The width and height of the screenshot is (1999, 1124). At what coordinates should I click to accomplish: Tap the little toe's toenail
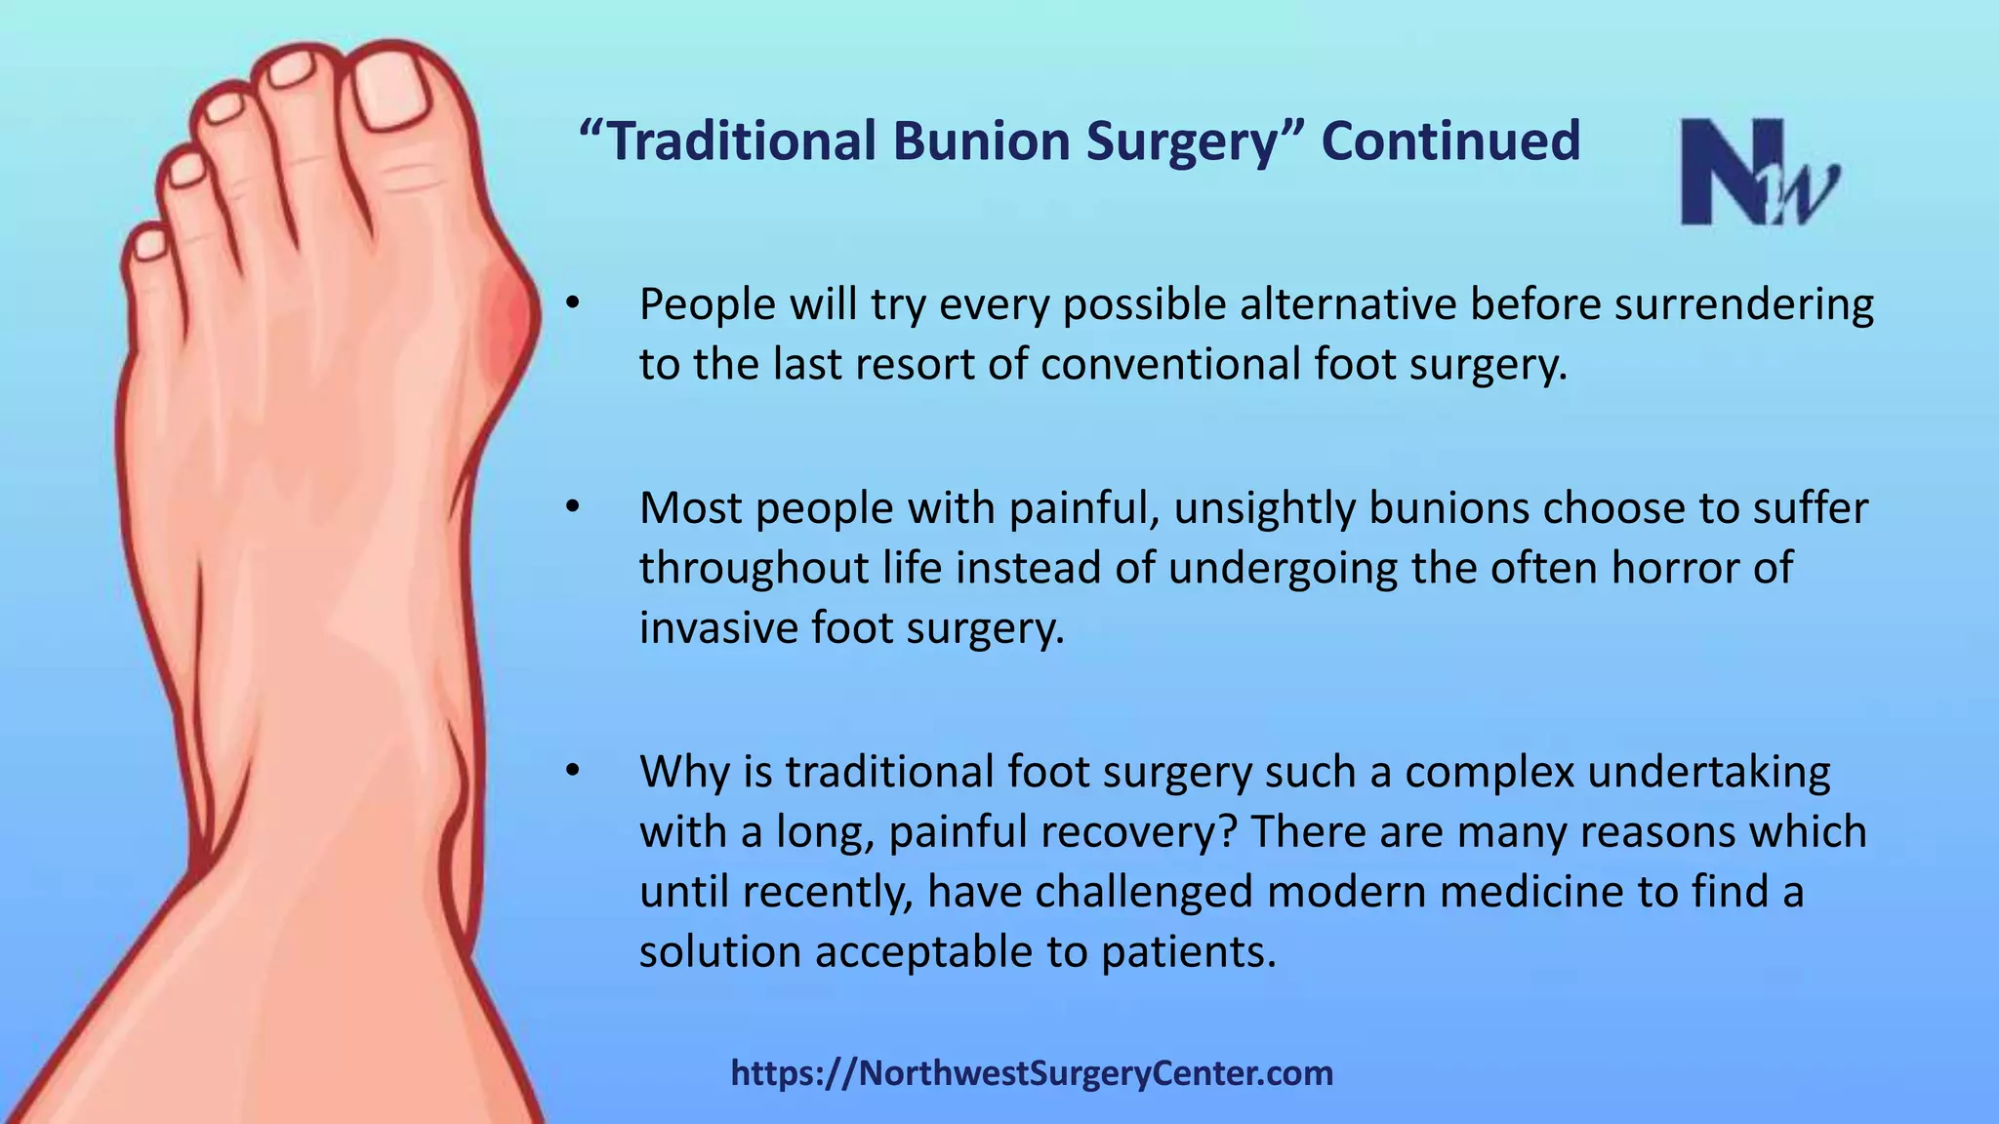(149, 244)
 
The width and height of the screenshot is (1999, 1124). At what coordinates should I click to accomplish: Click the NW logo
(1758, 173)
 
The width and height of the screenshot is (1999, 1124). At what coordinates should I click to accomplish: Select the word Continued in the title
(1450, 140)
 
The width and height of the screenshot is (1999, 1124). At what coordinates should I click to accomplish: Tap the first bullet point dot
(573, 303)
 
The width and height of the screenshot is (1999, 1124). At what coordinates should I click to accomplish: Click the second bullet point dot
(573, 507)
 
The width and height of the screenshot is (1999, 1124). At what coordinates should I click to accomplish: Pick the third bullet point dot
(573, 771)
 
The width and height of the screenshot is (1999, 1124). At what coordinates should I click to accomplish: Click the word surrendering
(1743, 304)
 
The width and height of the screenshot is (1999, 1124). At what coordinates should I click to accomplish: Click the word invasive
(718, 627)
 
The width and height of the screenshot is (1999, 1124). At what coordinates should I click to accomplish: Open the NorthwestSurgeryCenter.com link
(1032, 1073)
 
